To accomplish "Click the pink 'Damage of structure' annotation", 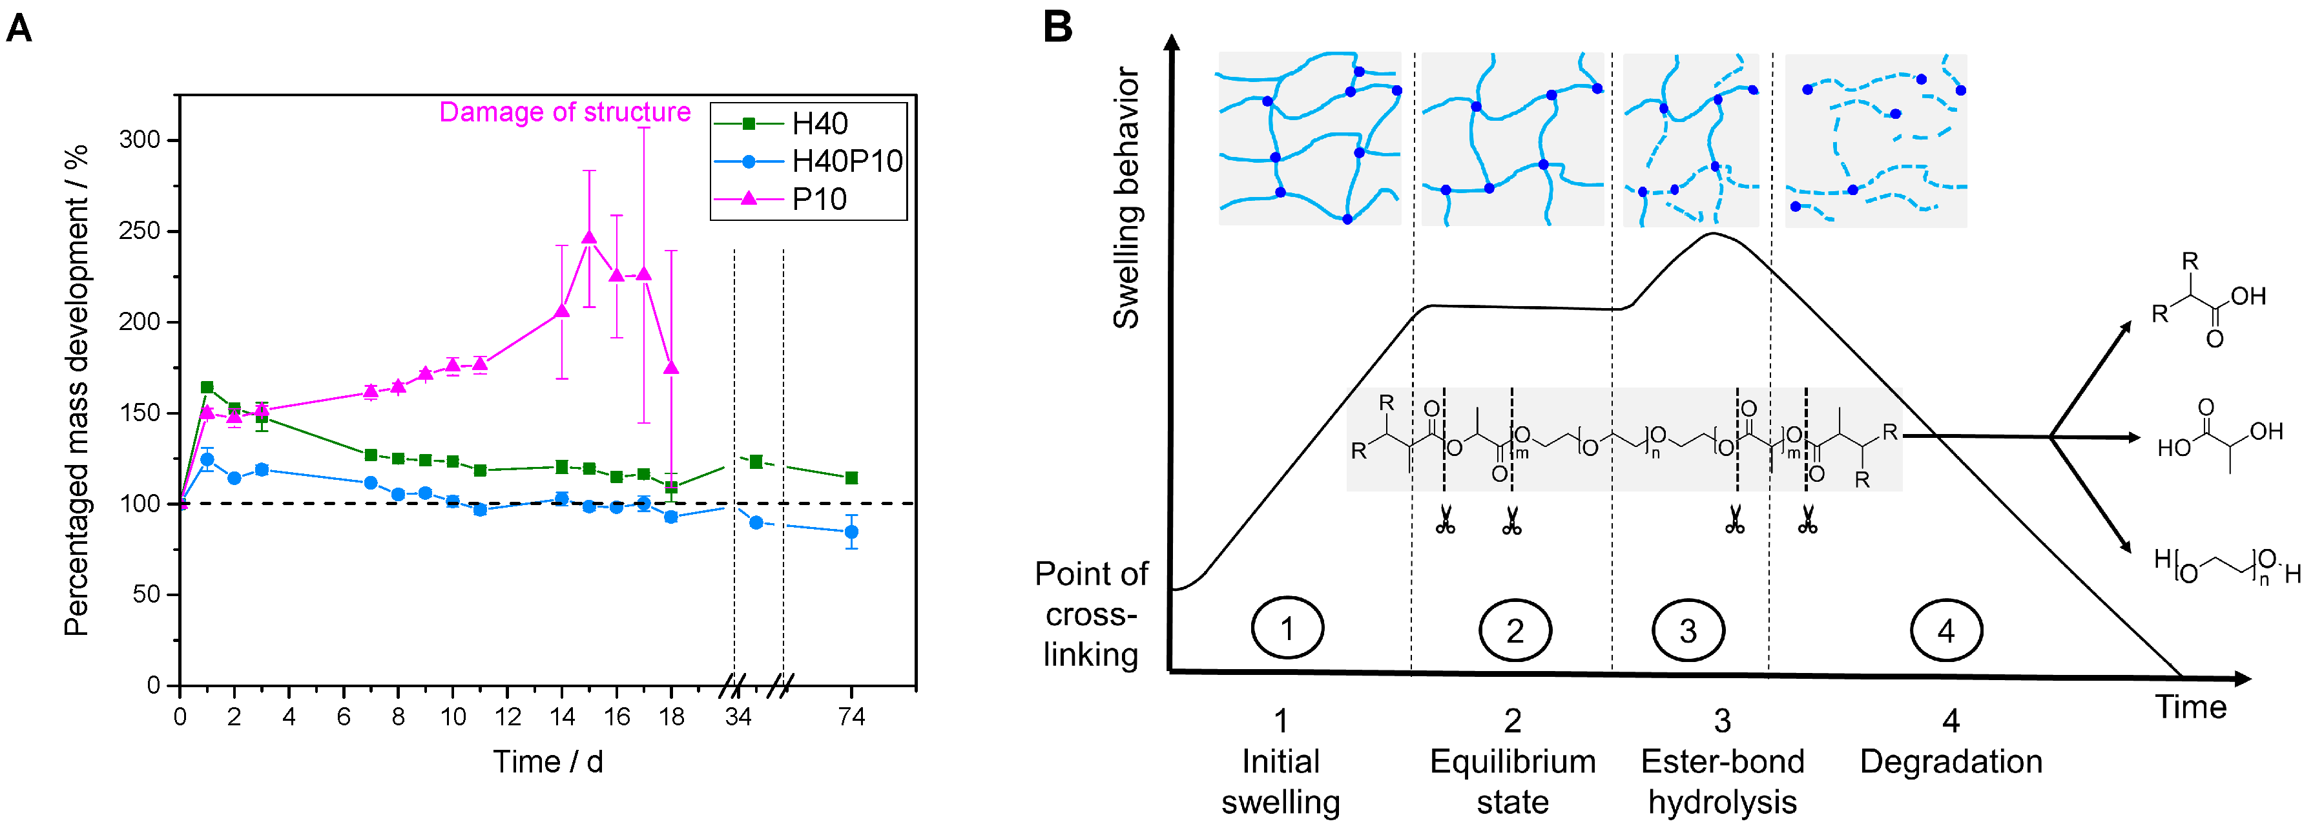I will pyautogui.click(x=565, y=112).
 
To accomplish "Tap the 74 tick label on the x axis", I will pyautogui.click(x=851, y=717).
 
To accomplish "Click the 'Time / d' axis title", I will pyautogui.click(x=548, y=761).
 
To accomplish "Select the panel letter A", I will pyautogui.click(x=20, y=28).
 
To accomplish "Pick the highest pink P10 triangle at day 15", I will pyautogui.click(x=589, y=238).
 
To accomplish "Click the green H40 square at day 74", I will pyautogui.click(x=851, y=478).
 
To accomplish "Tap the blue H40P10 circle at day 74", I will pyautogui.click(x=851, y=532).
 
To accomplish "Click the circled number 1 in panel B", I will pyautogui.click(x=1287, y=628).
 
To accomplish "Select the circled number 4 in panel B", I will pyautogui.click(x=1945, y=630).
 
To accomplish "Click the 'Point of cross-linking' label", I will pyautogui.click(x=1091, y=614).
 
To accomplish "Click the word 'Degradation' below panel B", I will pyautogui.click(x=1950, y=761).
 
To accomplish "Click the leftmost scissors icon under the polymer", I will pyautogui.click(x=1445, y=520).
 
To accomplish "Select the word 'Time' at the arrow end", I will pyautogui.click(x=2191, y=708).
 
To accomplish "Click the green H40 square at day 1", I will pyautogui.click(x=207, y=387).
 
